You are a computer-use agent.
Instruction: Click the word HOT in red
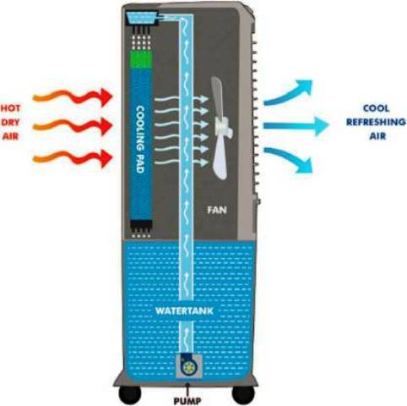point(11,108)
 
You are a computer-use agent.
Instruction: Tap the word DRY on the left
point(11,123)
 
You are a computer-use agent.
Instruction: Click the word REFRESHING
point(376,123)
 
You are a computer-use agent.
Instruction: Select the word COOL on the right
point(376,108)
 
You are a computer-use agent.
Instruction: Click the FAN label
point(217,210)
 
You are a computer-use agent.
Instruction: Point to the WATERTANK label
point(184,311)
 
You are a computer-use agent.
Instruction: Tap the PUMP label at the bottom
point(187,401)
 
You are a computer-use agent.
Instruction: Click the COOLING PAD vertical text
point(140,140)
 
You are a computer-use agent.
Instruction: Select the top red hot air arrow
point(73,96)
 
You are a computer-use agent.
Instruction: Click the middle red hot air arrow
point(73,127)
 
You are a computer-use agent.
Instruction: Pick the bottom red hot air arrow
point(73,158)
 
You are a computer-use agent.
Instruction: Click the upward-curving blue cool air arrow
point(288,94)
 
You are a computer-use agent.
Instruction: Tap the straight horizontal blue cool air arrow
point(296,125)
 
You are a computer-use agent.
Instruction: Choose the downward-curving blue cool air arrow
point(288,159)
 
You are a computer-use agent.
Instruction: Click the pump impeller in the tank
point(187,367)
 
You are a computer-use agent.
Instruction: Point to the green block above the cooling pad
point(141,59)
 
